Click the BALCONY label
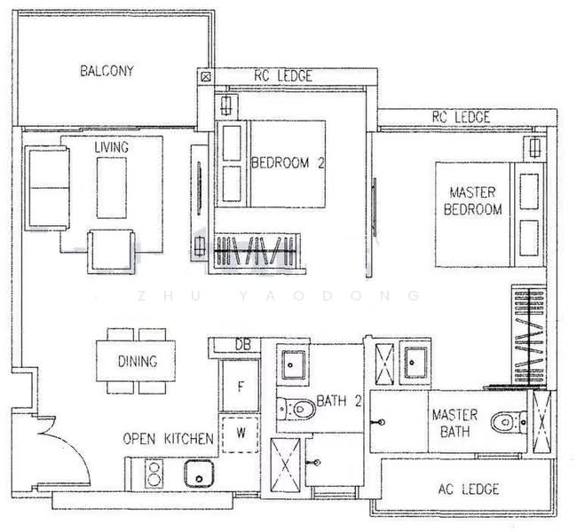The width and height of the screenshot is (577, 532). click(107, 71)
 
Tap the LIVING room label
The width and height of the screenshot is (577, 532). click(112, 147)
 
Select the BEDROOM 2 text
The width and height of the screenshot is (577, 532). click(288, 163)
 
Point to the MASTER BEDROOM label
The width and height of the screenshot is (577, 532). click(472, 200)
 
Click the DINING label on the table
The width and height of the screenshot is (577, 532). click(138, 362)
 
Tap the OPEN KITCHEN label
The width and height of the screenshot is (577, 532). click(168, 439)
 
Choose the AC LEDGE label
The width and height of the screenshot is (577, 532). click(469, 489)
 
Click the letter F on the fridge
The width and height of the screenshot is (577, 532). click(241, 387)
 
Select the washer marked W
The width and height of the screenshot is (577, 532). click(241, 434)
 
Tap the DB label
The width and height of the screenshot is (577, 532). click(243, 345)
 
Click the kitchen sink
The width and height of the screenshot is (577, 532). click(199, 473)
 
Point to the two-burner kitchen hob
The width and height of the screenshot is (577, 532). click(154, 473)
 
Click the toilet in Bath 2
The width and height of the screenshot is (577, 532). click(296, 409)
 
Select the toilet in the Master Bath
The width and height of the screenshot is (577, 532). click(509, 422)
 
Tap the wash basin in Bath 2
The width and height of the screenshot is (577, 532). click(293, 364)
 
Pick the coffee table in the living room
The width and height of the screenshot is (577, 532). click(112, 187)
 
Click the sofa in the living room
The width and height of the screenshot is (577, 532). click(47, 188)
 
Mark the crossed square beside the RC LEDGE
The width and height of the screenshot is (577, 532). click(206, 77)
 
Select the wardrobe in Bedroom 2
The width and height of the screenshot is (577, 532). click(257, 251)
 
